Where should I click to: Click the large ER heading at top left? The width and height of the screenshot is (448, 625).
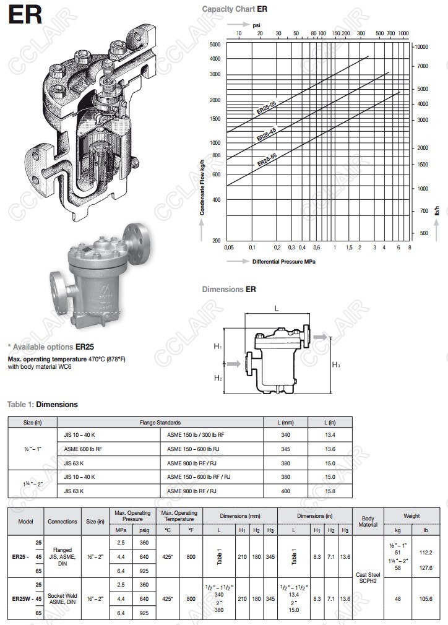pyautogui.click(x=25, y=14)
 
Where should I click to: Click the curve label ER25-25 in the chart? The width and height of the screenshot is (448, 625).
pyautogui.click(x=266, y=108)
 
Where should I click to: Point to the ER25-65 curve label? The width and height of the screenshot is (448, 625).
pyautogui.click(x=267, y=160)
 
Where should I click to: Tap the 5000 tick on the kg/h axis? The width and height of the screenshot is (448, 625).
pyautogui.click(x=215, y=44)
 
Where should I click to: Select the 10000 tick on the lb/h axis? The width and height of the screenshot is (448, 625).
pyautogui.click(x=421, y=46)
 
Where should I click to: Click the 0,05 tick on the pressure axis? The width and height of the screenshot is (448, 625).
pyautogui.click(x=229, y=248)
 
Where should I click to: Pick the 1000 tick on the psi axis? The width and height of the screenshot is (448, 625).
pyautogui.click(x=403, y=33)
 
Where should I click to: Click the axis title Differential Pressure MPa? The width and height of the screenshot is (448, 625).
pyautogui.click(x=284, y=262)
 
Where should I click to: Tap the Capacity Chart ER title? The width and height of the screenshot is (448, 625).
pyautogui.click(x=235, y=9)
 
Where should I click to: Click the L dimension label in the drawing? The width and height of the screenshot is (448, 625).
pyautogui.click(x=277, y=309)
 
